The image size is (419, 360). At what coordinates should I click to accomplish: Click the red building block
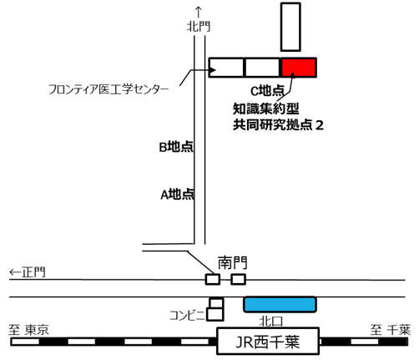[x=299, y=68]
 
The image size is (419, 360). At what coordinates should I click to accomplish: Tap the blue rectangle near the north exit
[x=280, y=305]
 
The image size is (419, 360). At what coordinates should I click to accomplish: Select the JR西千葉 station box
[x=268, y=341]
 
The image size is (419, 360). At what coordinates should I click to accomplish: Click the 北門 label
[x=199, y=27]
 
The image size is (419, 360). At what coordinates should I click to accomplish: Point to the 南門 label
[x=232, y=262]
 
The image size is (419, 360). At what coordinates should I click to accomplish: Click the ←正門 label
[x=28, y=272]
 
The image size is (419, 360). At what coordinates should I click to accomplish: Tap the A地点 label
[x=178, y=195]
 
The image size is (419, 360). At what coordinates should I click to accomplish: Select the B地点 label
[x=176, y=147]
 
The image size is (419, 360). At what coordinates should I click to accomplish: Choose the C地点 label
[x=268, y=90]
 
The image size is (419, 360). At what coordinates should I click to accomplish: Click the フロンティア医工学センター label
[x=109, y=89]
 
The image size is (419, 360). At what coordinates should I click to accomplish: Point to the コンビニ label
[x=188, y=316]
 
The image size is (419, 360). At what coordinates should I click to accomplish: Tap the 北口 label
[x=271, y=322]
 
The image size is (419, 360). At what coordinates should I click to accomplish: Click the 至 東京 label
[x=28, y=330]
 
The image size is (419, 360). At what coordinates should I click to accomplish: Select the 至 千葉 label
[x=391, y=330]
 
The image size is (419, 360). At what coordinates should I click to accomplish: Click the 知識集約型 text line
[x=266, y=109]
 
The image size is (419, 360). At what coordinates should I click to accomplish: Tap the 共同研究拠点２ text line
[x=278, y=125]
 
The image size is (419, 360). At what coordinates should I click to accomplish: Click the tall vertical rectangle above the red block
[x=290, y=27]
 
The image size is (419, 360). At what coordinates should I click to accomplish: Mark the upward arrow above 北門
[x=199, y=13]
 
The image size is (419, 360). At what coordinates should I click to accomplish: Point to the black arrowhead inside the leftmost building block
[x=213, y=70]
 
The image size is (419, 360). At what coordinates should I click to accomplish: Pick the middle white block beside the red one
[x=262, y=68]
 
